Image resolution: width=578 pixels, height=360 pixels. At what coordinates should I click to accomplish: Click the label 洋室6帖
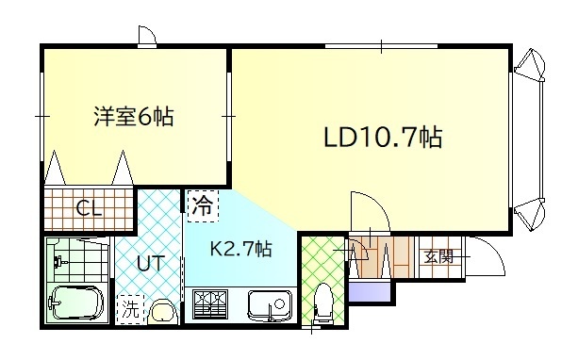(x=133, y=118)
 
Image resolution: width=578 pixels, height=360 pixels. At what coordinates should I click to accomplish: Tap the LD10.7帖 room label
(x=383, y=138)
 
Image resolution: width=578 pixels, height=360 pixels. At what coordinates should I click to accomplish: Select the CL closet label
(x=90, y=208)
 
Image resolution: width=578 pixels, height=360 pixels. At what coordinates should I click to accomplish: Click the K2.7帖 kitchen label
(x=240, y=250)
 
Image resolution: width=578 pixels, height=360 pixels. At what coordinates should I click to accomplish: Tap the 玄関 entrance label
(x=438, y=255)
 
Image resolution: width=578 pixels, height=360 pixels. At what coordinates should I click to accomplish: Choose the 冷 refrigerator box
(x=200, y=205)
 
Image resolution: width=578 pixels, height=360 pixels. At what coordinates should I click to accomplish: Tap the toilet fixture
(x=322, y=302)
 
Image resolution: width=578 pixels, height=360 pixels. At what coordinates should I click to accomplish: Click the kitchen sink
(x=269, y=304)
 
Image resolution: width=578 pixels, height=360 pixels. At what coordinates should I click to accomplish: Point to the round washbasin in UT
(x=161, y=310)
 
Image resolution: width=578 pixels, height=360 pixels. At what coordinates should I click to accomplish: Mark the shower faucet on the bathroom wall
(x=58, y=257)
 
